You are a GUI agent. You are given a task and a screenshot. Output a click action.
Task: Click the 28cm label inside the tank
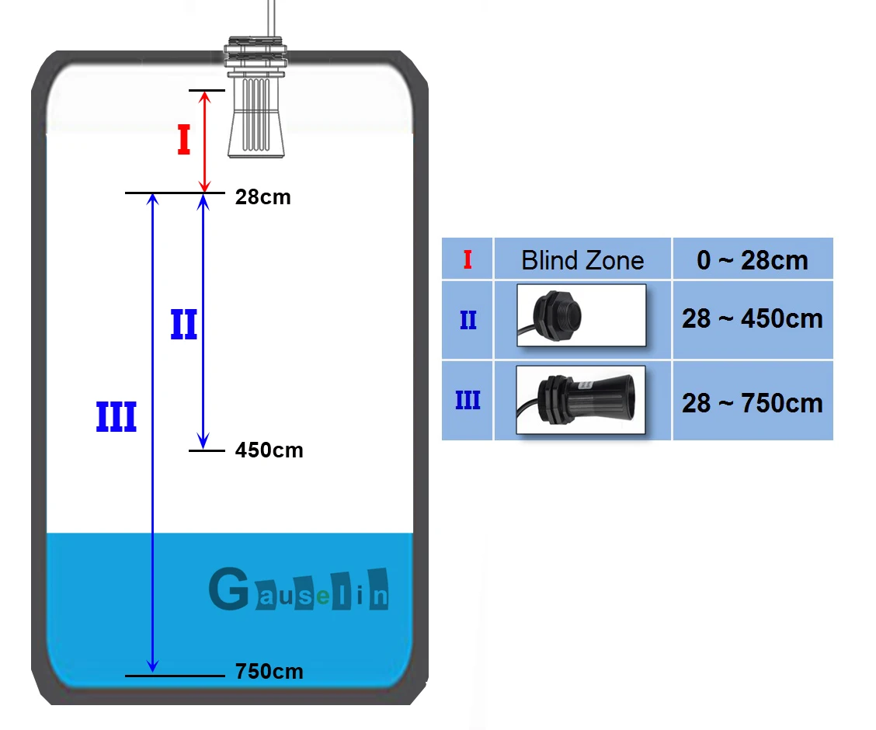coord(262,197)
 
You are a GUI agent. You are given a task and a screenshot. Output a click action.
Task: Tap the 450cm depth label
coord(269,450)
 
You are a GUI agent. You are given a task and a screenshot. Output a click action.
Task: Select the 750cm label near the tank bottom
coord(269,671)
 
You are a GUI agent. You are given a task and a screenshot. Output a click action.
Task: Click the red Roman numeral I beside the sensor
coord(184,140)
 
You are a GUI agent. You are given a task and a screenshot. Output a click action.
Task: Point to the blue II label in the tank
coord(184,325)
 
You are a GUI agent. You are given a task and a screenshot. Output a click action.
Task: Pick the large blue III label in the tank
coord(116,417)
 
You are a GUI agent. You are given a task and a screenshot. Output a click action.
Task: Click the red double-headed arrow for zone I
coord(205,141)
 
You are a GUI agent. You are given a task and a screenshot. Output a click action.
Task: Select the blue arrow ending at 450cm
coord(203,322)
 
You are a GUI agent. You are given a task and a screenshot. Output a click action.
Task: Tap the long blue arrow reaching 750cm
coord(152,433)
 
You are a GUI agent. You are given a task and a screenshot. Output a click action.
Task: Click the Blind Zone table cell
coord(582,259)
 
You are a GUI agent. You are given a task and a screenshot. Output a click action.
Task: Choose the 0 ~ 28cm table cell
coord(753,259)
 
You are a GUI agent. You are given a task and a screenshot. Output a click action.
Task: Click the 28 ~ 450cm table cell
coord(753,319)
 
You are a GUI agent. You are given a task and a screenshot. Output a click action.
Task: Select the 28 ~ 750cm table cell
coord(753,401)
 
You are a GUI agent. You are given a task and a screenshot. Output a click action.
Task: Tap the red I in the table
coord(468,259)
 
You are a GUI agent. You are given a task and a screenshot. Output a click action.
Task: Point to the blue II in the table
coord(468,320)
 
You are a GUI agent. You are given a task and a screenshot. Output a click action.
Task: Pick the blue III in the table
coord(468,401)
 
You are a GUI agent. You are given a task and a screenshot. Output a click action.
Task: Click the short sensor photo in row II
coord(581,315)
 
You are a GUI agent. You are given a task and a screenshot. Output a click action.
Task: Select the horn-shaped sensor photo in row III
coord(580,400)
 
